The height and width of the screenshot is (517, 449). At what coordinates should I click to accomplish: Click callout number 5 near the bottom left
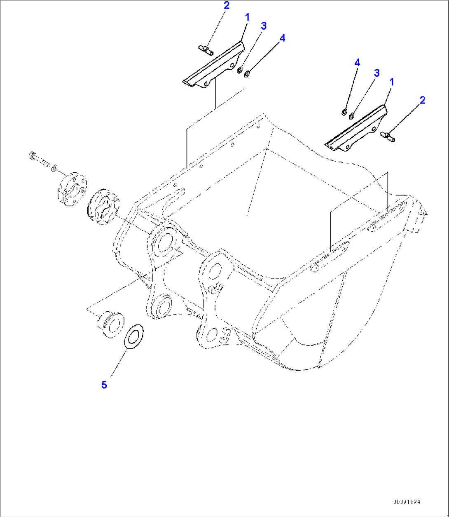(x=104, y=385)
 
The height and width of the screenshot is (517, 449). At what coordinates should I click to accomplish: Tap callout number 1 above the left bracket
(x=247, y=17)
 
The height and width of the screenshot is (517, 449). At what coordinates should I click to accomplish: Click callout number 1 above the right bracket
(x=392, y=82)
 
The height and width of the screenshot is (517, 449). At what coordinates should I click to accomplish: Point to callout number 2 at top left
(x=227, y=5)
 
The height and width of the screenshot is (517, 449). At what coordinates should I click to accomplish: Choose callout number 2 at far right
(x=422, y=100)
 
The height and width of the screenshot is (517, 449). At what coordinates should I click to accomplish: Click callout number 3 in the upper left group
(x=263, y=26)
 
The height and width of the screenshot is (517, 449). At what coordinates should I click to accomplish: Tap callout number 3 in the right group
(x=376, y=73)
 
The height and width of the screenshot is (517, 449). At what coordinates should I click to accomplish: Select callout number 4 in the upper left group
(x=282, y=38)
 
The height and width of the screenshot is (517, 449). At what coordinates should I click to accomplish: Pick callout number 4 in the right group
(x=357, y=63)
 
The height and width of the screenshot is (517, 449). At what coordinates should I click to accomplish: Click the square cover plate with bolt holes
(x=71, y=188)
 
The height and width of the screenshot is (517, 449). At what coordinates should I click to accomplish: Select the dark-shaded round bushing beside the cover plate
(x=103, y=207)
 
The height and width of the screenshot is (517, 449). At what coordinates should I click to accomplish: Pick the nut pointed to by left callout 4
(x=247, y=74)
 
